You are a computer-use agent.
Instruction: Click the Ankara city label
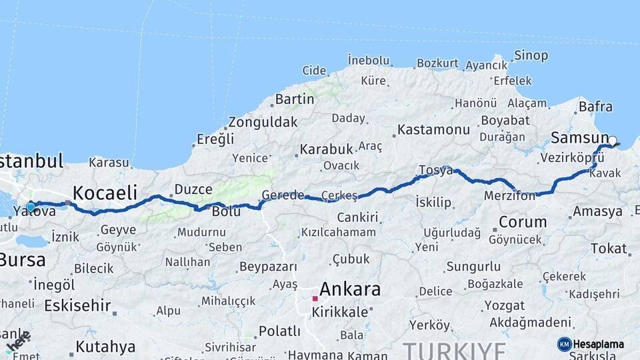click(x=350, y=289)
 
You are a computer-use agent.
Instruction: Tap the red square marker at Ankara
click(x=315, y=298)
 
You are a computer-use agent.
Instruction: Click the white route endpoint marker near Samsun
click(x=613, y=141)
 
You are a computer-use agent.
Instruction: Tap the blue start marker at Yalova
click(x=30, y=207)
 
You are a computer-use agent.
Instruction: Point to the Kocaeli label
click(x=105, y=193)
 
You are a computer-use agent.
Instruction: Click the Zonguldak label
click(x=263, y=123)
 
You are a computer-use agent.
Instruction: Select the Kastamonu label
click(x=434, y=129)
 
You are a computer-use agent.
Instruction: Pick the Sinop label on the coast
click(x=532, y=55)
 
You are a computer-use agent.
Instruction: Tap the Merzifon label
click(x=509, y=196)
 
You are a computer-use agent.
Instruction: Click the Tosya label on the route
click(x=435, y=171)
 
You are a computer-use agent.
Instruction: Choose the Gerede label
click(x=283, y=195)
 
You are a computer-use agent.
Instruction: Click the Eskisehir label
click(x=76, y=305)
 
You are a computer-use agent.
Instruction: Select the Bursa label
click(x=23, y=260)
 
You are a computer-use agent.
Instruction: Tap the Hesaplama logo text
click(x=599, y=344)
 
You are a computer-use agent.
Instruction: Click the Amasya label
click(x=597, y=211)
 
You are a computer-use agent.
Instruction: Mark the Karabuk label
click(x=325, y=149)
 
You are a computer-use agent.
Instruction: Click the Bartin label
click(x=294, y=99)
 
